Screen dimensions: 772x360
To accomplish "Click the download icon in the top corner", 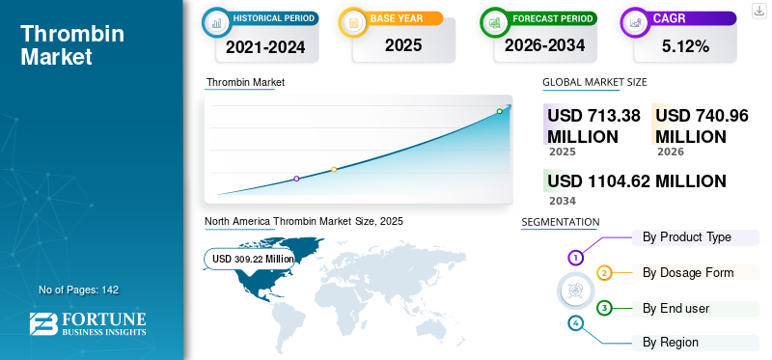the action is (x=758, y=11).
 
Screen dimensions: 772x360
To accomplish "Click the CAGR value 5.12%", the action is (x=685, y=46).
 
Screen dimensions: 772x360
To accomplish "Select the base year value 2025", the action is (x=403, y=45).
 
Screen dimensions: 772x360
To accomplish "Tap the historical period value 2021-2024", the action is (x=265, y=47).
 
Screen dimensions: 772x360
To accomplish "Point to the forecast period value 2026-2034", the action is (x=544, y=45).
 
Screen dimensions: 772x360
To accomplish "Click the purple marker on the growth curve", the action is (x=296, y=179).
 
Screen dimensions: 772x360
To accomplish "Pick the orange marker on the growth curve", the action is (x=334, y=170).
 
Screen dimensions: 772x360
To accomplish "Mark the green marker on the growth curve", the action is (x=499, y=111).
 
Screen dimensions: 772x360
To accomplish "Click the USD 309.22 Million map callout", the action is (x=250, y=259).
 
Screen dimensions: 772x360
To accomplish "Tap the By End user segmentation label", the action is (x=676, y=309).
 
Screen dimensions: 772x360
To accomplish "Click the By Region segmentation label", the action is (x=670, y=343).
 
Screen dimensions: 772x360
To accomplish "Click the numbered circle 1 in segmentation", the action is (x=575, y=257).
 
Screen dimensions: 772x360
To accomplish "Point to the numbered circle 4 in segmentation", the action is (x=575, y=323).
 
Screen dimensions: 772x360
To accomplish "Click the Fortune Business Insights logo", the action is (x=88, y=324).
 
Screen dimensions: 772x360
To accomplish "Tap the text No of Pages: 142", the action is (x=79, y=291).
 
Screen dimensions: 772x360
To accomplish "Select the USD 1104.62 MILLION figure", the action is (x=637, y=181).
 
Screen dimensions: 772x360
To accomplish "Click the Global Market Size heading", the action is (x=594, y=82).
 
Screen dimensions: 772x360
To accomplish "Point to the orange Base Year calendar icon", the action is (x=353, y=22).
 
